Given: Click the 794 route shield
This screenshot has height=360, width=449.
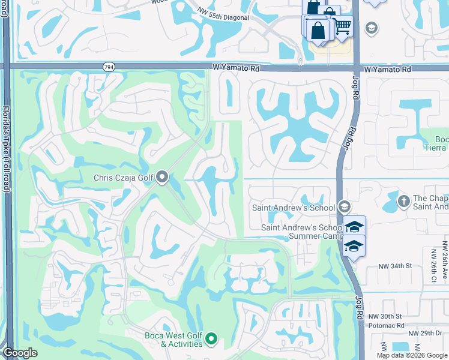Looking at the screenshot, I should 109,67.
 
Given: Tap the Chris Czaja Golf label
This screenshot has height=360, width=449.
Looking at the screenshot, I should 124,178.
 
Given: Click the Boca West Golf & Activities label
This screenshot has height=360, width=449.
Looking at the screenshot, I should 173,340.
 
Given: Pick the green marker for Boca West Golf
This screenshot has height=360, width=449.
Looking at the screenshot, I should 211,340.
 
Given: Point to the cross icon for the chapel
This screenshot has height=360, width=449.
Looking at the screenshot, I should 403,201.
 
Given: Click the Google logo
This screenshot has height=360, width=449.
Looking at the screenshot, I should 20,353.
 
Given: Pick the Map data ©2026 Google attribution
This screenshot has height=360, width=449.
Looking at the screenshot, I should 412,355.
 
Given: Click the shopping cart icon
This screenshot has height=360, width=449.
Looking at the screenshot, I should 342,26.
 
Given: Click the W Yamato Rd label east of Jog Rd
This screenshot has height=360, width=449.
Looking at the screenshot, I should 390,70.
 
